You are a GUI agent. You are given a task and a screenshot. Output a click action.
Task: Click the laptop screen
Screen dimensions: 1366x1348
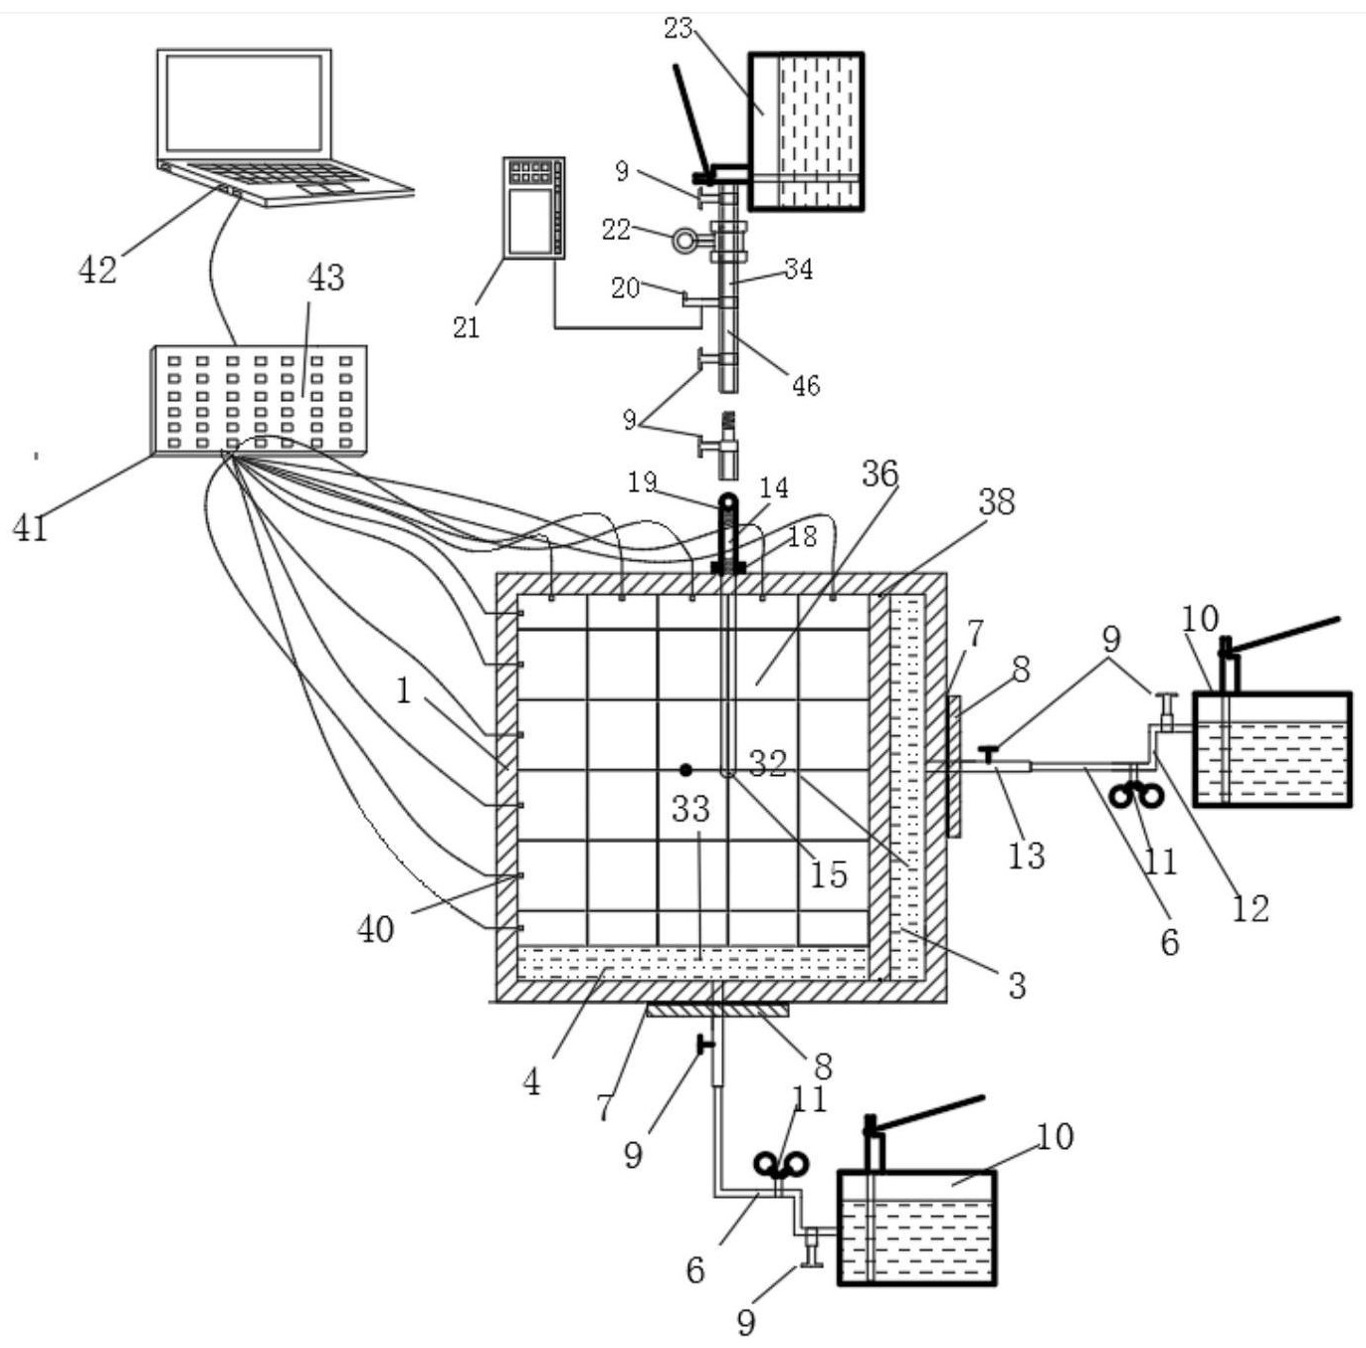point(244,102)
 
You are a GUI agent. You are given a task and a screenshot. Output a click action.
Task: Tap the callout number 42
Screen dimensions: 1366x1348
point(98,270)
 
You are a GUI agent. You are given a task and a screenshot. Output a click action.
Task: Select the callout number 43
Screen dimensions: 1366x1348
point(326,278)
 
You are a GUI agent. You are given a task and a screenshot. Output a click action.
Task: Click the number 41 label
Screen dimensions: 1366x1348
point(31,527)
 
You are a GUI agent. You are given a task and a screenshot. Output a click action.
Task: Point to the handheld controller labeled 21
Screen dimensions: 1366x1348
point(534,208)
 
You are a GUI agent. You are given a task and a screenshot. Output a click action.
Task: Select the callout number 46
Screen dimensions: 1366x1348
point(806,386)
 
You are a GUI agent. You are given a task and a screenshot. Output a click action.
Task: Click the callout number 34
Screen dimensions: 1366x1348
point(799,269)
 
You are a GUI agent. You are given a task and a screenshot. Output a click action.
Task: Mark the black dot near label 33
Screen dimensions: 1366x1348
point(685,769)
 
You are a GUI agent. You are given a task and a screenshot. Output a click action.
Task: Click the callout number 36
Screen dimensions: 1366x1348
point(879,474)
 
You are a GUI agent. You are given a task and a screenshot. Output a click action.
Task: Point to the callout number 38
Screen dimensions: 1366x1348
point(997,501)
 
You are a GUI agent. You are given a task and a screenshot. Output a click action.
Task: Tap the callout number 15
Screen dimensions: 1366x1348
point(829,875)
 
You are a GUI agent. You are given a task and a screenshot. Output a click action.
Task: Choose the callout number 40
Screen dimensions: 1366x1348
point(376,928)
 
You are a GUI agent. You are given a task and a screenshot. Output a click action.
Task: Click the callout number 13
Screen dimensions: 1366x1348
point(1027,856)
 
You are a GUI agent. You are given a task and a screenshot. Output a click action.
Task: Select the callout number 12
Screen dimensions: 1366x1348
point(1251,908)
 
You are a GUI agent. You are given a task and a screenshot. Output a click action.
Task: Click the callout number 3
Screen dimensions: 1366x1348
point(1017,986)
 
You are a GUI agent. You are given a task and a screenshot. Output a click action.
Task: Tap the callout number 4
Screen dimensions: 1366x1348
point(531,1082)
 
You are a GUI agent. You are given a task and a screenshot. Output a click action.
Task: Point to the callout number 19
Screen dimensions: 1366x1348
point(643,482)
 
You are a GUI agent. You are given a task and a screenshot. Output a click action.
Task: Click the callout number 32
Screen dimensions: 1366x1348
point(768,764)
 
